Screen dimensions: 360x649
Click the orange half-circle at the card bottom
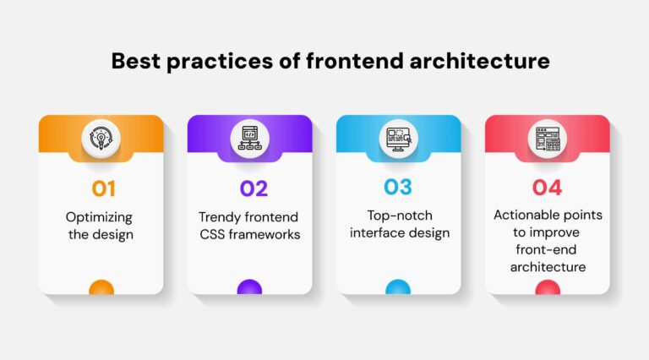pos(101,288)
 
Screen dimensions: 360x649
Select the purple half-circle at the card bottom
pos(250,288)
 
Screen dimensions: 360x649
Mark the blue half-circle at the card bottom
pos(398,288)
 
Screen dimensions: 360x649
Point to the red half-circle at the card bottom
pos(547,288)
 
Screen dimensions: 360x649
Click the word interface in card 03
pos(377,234)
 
